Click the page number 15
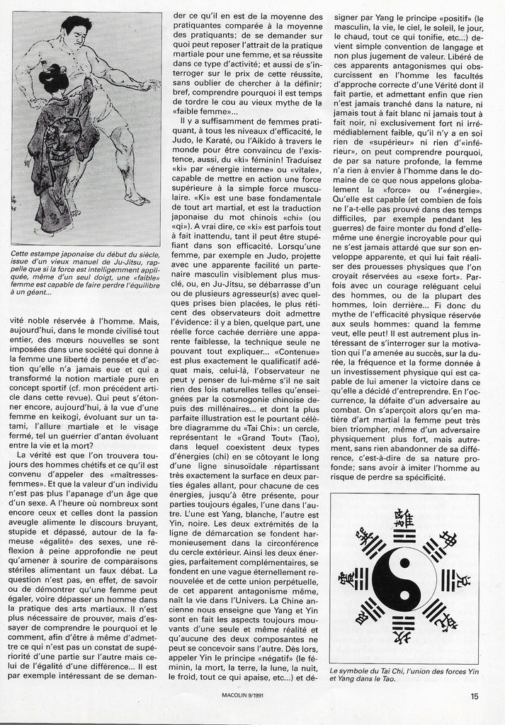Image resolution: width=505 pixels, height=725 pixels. pos(474,696)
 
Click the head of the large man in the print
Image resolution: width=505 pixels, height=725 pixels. pos(76,31)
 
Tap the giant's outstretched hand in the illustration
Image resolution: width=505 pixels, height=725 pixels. pos(149,86)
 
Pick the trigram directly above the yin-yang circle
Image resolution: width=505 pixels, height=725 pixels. pos(404,536)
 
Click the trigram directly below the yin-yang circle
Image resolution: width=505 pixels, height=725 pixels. pos(404,624)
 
